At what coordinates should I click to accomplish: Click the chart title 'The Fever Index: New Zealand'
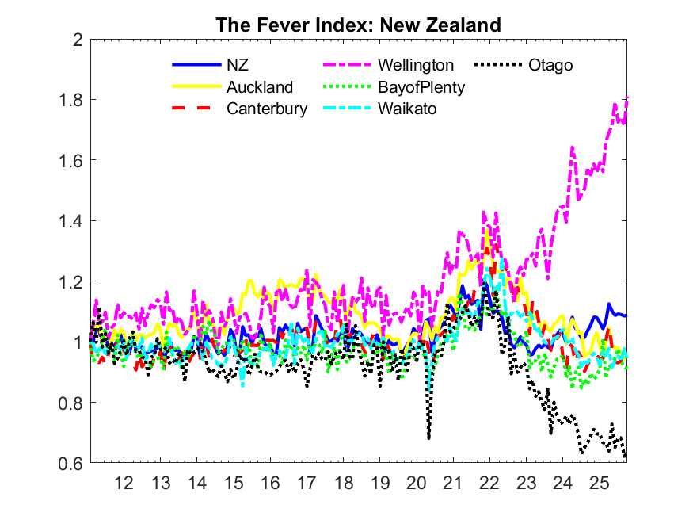(358, 25)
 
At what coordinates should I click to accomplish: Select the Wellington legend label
(416, 65)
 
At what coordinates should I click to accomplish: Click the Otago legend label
(550, 65)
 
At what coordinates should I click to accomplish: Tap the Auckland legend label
(260, 87)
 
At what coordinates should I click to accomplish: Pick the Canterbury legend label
(267, 109)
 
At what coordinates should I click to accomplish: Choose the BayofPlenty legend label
(421, 87)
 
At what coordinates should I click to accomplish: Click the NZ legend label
(238, 65)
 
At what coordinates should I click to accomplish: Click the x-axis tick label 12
(124, 482)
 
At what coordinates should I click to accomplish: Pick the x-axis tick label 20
(416, 482)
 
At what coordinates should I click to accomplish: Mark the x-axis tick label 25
(599, 482)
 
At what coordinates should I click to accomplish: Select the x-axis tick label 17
(307, 482)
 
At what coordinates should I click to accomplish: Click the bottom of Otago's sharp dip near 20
(428, 437)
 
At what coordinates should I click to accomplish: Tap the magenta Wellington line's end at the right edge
(627, 98)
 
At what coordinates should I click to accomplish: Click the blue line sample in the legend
(193, 65)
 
